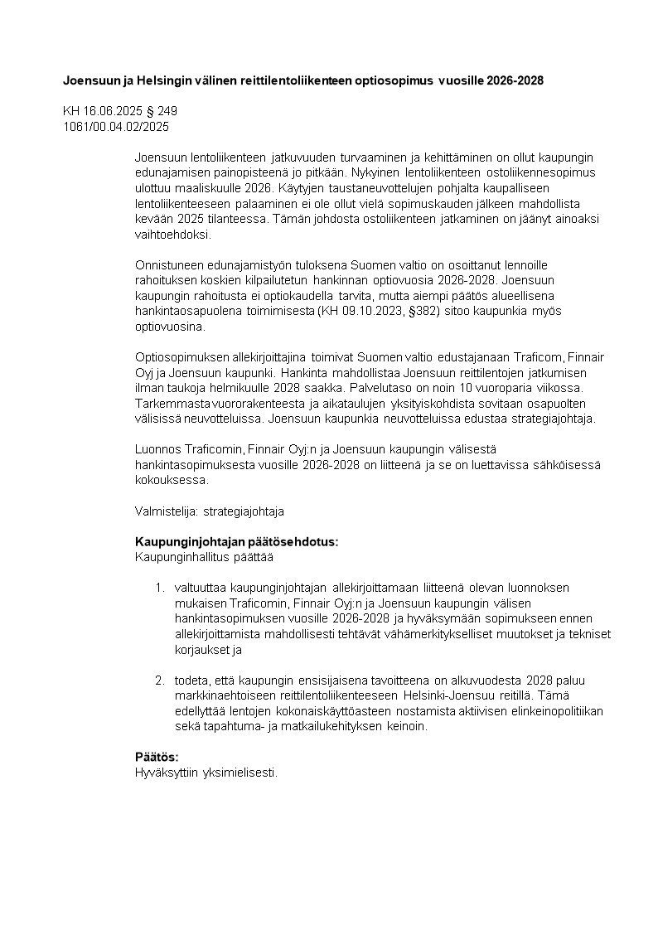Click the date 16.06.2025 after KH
pos(110,111)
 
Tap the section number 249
pos(167,111)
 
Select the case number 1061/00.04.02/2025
pos(116,126)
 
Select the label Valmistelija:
pos(160,511)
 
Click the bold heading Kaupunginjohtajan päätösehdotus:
pos(236,542)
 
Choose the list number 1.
pos(159,588)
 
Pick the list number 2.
pos(159,681)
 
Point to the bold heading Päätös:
pos(157,758)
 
